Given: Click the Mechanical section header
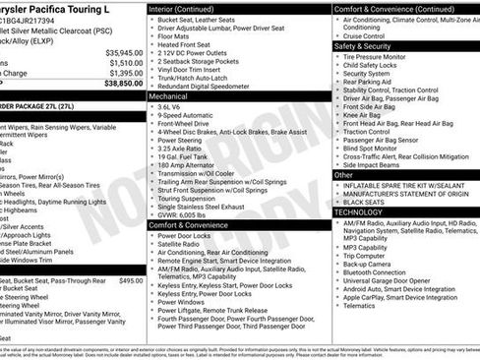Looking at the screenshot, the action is [173, 97].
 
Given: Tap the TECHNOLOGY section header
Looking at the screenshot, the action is [358, 211].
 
